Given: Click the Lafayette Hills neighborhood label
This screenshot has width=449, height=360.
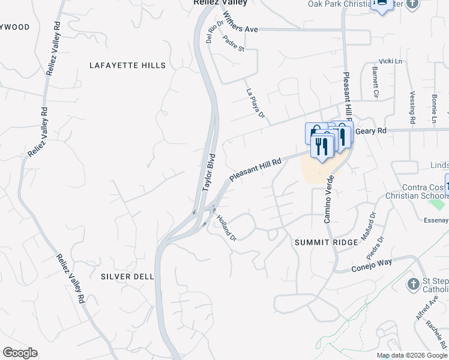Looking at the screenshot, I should [x=127, y=65].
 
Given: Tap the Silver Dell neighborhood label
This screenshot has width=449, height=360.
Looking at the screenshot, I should [x=127, y=277].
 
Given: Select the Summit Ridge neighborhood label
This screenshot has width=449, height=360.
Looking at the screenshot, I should [x=326, y=242].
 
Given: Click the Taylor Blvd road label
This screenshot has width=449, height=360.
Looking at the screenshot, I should [x=208, y=172].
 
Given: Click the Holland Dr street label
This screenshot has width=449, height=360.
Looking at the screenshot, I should [x=227, y=228].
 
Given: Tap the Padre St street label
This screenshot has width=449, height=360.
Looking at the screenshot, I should [x=233, y=43].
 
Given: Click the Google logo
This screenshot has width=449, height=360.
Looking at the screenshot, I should [x=20, y=353].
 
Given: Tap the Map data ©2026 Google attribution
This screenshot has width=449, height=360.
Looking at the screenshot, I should [x=412, y=355].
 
